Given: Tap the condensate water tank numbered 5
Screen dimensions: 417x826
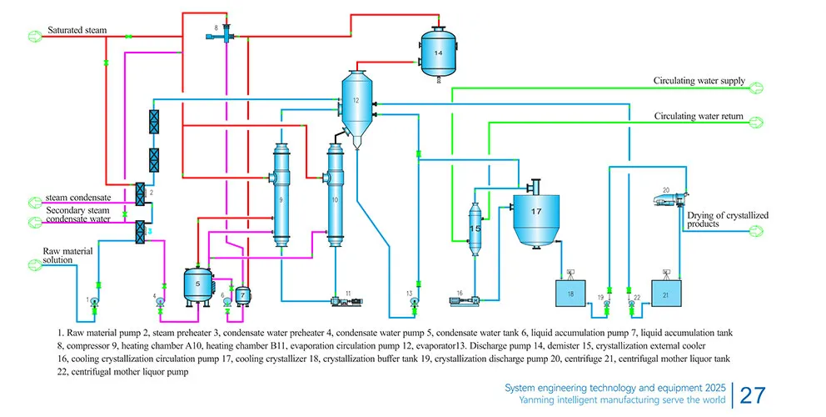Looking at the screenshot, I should [197, 284].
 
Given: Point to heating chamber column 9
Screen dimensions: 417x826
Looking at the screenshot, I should [281, 200].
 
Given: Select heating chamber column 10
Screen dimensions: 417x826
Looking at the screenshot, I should [334, 200].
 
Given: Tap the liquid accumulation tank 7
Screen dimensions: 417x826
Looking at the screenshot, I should [241, 295].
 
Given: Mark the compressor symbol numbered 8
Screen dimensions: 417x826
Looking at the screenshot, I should [222, 34].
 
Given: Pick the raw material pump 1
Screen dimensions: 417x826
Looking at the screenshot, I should [94, 299].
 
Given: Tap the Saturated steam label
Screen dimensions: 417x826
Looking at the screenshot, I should [76, 30].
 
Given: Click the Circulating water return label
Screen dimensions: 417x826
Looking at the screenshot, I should [698, 116].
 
